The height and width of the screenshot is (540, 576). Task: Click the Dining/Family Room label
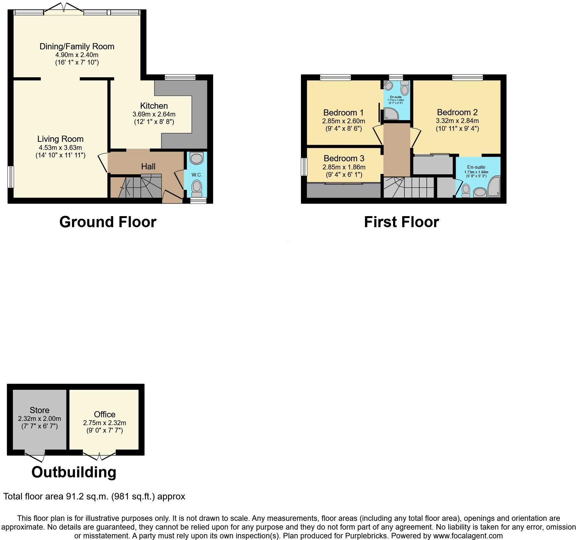[77, 46]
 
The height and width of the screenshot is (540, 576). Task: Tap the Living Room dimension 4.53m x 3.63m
[60, 148]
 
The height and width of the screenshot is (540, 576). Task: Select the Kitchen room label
[154, 106]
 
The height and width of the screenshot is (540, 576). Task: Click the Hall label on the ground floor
[148, 166]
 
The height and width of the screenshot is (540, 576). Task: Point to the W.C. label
[197, 175]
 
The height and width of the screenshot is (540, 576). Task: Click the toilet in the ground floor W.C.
[196, 188]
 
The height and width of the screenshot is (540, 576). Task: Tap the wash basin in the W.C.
[196, 158]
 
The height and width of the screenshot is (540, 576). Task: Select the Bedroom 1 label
[343, 113]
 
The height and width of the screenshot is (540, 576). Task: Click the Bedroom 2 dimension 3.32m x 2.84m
[457, 121]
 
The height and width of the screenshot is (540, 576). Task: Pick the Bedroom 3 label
[344, 158]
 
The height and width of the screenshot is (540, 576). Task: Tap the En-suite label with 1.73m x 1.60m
[476, 167]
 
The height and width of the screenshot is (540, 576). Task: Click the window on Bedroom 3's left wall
[304, 167]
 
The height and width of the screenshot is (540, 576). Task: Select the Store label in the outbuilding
[40, 410]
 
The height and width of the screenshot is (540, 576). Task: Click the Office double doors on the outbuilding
[99, 456]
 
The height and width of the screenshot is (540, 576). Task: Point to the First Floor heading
[401, 222]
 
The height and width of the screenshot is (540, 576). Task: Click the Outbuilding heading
[74, 472]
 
